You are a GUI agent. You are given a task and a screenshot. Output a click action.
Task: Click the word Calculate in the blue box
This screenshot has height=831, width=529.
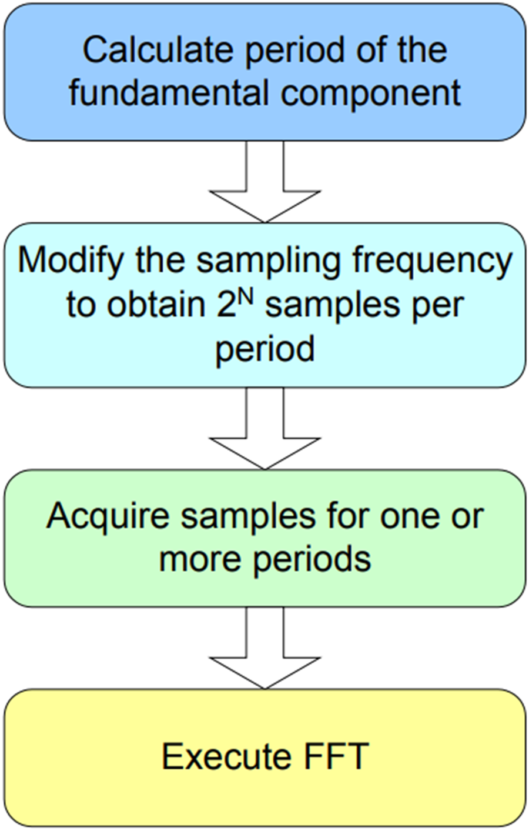coord(157,51)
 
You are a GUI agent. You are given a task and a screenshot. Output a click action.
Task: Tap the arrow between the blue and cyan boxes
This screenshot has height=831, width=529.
coord(264,182)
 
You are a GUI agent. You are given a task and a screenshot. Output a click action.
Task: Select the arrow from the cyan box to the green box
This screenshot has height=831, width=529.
coord(264,429)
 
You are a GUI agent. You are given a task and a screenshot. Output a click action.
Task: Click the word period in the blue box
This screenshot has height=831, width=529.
coord(296,52)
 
